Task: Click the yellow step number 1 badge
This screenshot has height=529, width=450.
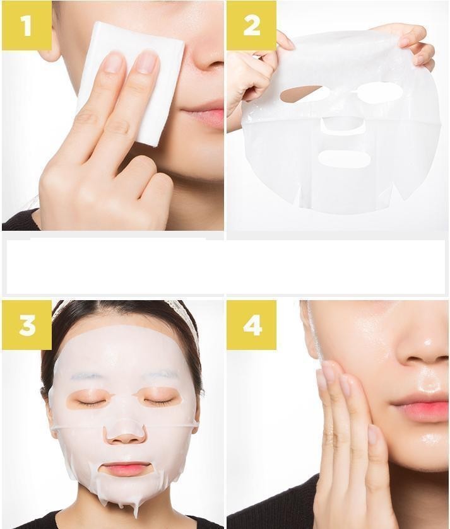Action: tap(27, 25)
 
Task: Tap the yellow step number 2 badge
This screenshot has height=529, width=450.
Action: tap(251, 25)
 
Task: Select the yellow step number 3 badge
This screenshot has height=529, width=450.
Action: tap(27, 325)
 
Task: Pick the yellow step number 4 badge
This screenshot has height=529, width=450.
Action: tap(251, 325)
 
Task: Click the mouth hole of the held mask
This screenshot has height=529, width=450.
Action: tap(345, 158)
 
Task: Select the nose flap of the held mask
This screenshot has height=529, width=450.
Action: tap(343, 125)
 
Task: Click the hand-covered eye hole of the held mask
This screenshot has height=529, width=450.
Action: tap(300, 95)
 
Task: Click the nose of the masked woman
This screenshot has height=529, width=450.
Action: tap(125, 434)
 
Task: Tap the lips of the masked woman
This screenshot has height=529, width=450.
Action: tap(126, 469)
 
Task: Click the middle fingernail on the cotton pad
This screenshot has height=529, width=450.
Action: tap(148, 61)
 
